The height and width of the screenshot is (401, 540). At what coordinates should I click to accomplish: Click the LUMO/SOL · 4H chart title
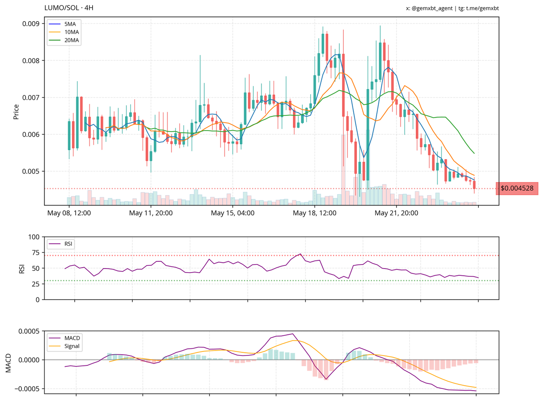[69, 8]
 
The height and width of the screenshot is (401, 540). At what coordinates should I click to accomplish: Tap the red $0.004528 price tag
[517, 188]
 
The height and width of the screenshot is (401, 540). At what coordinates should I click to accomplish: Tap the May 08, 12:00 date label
[69, 213]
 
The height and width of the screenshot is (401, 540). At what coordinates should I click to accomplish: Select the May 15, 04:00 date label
[232, 213]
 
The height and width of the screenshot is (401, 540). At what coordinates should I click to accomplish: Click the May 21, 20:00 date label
[396, 213]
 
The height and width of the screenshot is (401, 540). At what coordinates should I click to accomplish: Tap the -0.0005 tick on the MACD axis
[27, 388]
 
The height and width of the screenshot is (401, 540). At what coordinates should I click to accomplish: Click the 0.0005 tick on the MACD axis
[28, 331]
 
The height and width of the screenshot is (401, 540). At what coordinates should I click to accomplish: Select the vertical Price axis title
[16, 112]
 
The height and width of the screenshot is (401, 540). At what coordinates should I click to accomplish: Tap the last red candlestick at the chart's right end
[474, 185]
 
